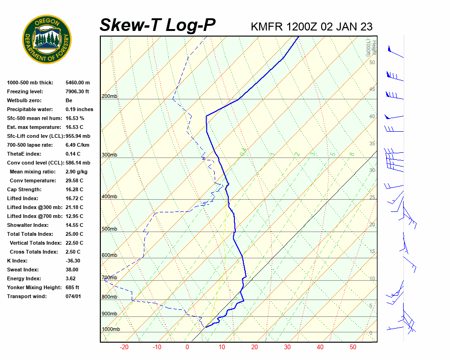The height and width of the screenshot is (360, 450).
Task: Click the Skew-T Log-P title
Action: tap(157, 25)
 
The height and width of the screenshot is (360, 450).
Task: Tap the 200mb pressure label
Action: tap(109, 97)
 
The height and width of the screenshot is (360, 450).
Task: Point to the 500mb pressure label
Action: tap(109, 229)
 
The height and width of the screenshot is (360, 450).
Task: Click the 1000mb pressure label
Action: tap(111, 330)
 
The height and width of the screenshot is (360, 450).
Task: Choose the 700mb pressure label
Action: tap(109, 278)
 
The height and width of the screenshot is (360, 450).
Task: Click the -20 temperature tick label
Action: tap(124, 347)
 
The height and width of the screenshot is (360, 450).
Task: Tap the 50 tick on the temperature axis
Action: tap(353, 347)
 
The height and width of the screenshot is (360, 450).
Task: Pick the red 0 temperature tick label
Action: tap(187, 347)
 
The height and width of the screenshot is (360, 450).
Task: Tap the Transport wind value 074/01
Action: tap(73, 297)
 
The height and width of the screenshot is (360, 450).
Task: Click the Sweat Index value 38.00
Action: tap(72, 270)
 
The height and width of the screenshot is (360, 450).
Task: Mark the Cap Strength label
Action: tap(24, 190)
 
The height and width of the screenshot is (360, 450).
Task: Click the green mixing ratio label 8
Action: tap(352, 154)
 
